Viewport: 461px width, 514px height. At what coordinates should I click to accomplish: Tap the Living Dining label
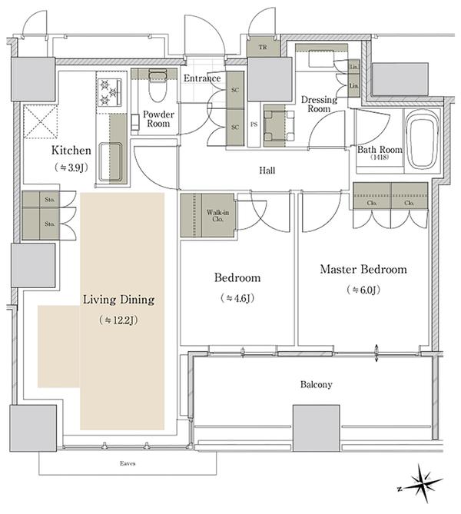(x=118, y=300)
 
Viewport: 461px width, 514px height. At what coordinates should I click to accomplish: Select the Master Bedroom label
(x=363, y=270)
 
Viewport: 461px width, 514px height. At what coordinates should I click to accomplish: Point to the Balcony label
(x=316, y=384)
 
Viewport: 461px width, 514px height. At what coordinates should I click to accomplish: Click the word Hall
(x=267, y=171)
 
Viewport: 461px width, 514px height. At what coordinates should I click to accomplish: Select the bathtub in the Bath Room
(x=421, y=140)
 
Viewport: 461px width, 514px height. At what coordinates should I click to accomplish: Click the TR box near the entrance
(x=263, y=48)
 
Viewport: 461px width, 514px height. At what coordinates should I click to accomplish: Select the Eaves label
(x=128, y=463)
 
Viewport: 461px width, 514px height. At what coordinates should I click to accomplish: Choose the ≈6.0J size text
(x=364, y=290)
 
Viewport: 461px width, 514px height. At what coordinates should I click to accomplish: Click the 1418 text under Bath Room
(x=380, y=158)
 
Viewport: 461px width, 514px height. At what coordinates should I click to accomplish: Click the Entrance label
(x=203, y=78)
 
